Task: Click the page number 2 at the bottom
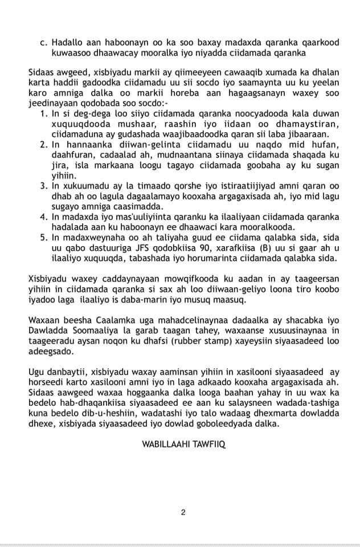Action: [x=183, y=512]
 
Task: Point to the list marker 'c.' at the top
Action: [x=43, y=42]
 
